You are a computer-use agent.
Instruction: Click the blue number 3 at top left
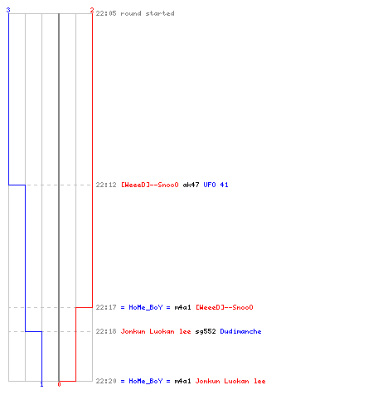click(8, 10)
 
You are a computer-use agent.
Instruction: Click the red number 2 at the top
click(92, 10)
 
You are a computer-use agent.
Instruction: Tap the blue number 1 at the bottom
click(41, 384)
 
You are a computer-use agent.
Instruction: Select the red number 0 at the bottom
click(59, 384)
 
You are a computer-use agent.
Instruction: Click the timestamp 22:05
click(106, 13)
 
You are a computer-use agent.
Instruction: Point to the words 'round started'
click(148, 13)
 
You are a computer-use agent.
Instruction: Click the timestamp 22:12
click(106, 185)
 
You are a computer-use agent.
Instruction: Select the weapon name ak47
click(191, 185)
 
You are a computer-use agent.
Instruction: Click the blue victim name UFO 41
click(216, 185)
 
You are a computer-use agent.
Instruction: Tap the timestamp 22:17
click(106, 307)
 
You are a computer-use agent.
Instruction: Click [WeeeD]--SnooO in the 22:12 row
click(150, 185)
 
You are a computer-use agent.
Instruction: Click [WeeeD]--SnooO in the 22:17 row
click(225, 307)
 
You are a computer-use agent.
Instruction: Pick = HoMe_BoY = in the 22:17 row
click(146, 307)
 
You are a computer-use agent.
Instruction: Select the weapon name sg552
click(206, 331)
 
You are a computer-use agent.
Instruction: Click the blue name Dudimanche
click(240, 331)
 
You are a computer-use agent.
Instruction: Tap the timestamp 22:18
click(106, 331)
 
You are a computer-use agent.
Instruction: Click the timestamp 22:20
click(106, 381)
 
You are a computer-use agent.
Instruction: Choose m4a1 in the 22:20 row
click(182, 381)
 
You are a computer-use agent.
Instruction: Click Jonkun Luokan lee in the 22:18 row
click(156, 331)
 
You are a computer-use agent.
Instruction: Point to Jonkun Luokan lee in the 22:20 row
click(230, 381)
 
